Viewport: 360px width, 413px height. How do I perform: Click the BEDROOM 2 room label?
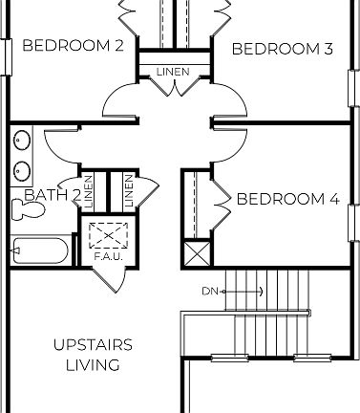pos(73,45)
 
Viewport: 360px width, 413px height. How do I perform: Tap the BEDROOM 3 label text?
pos(282,49)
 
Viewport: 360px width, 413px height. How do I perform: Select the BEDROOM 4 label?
pos(287,199)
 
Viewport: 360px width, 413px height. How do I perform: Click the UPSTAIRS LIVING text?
pos(93,355)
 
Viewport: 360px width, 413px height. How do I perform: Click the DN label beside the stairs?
pos(210,291)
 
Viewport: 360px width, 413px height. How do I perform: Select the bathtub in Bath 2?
pos(39,252)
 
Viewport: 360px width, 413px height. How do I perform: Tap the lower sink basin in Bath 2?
pos(22,171)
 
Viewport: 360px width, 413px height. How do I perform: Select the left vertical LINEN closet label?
pos(88,192)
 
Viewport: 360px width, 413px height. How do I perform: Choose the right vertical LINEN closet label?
pos(127,192)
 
